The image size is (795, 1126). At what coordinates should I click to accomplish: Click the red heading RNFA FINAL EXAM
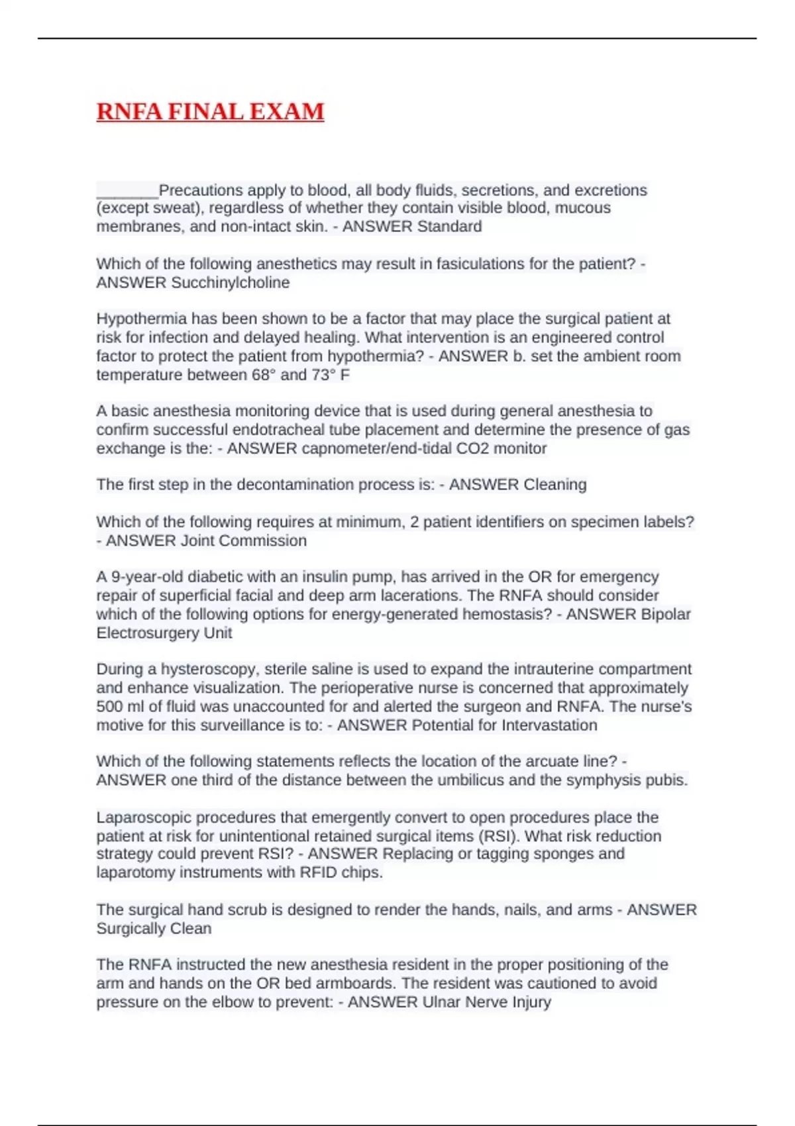pyautogui.click(x=210, y=111)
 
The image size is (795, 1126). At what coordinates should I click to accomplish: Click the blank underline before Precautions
pyautogui.click(x=127, y=192)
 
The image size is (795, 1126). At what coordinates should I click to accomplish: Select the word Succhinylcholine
pyautogui.click(x=231, y=283)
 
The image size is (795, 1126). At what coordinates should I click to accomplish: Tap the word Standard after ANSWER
pyautogui.click(x=447, y=227)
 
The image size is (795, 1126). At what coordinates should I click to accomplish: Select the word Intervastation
pyautogui.click(x=549, y=725)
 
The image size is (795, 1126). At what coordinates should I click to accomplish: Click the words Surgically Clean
pyautogui.click(x=154, y=929)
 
